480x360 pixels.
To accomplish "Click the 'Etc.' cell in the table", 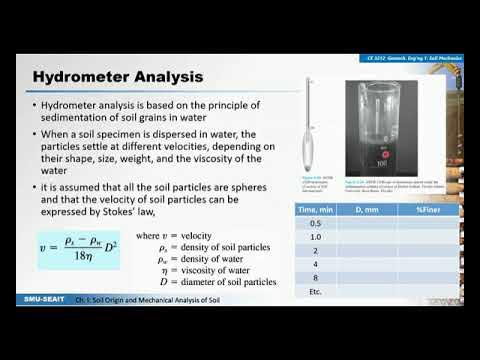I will pos(315,293).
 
